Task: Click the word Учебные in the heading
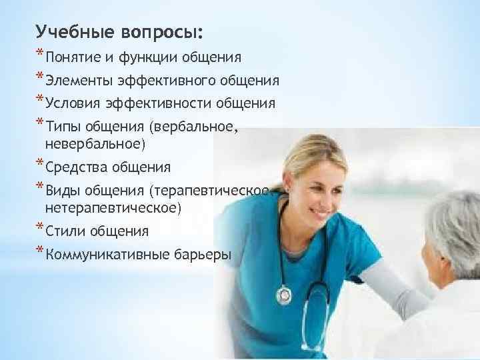[x=75, y=32]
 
